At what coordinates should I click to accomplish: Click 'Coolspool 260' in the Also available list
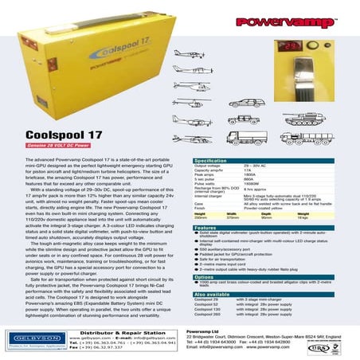pos(211,315)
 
